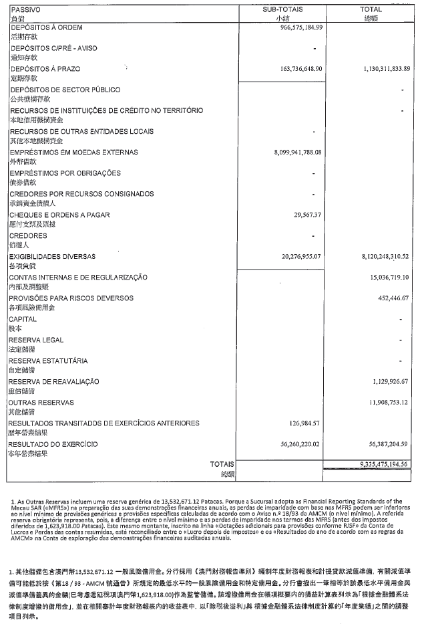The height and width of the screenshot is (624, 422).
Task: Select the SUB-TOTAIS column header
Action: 281,10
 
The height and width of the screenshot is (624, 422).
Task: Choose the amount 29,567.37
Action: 308,215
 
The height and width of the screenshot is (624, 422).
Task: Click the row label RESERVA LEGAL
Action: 36,340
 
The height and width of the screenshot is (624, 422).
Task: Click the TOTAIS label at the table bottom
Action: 222,464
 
